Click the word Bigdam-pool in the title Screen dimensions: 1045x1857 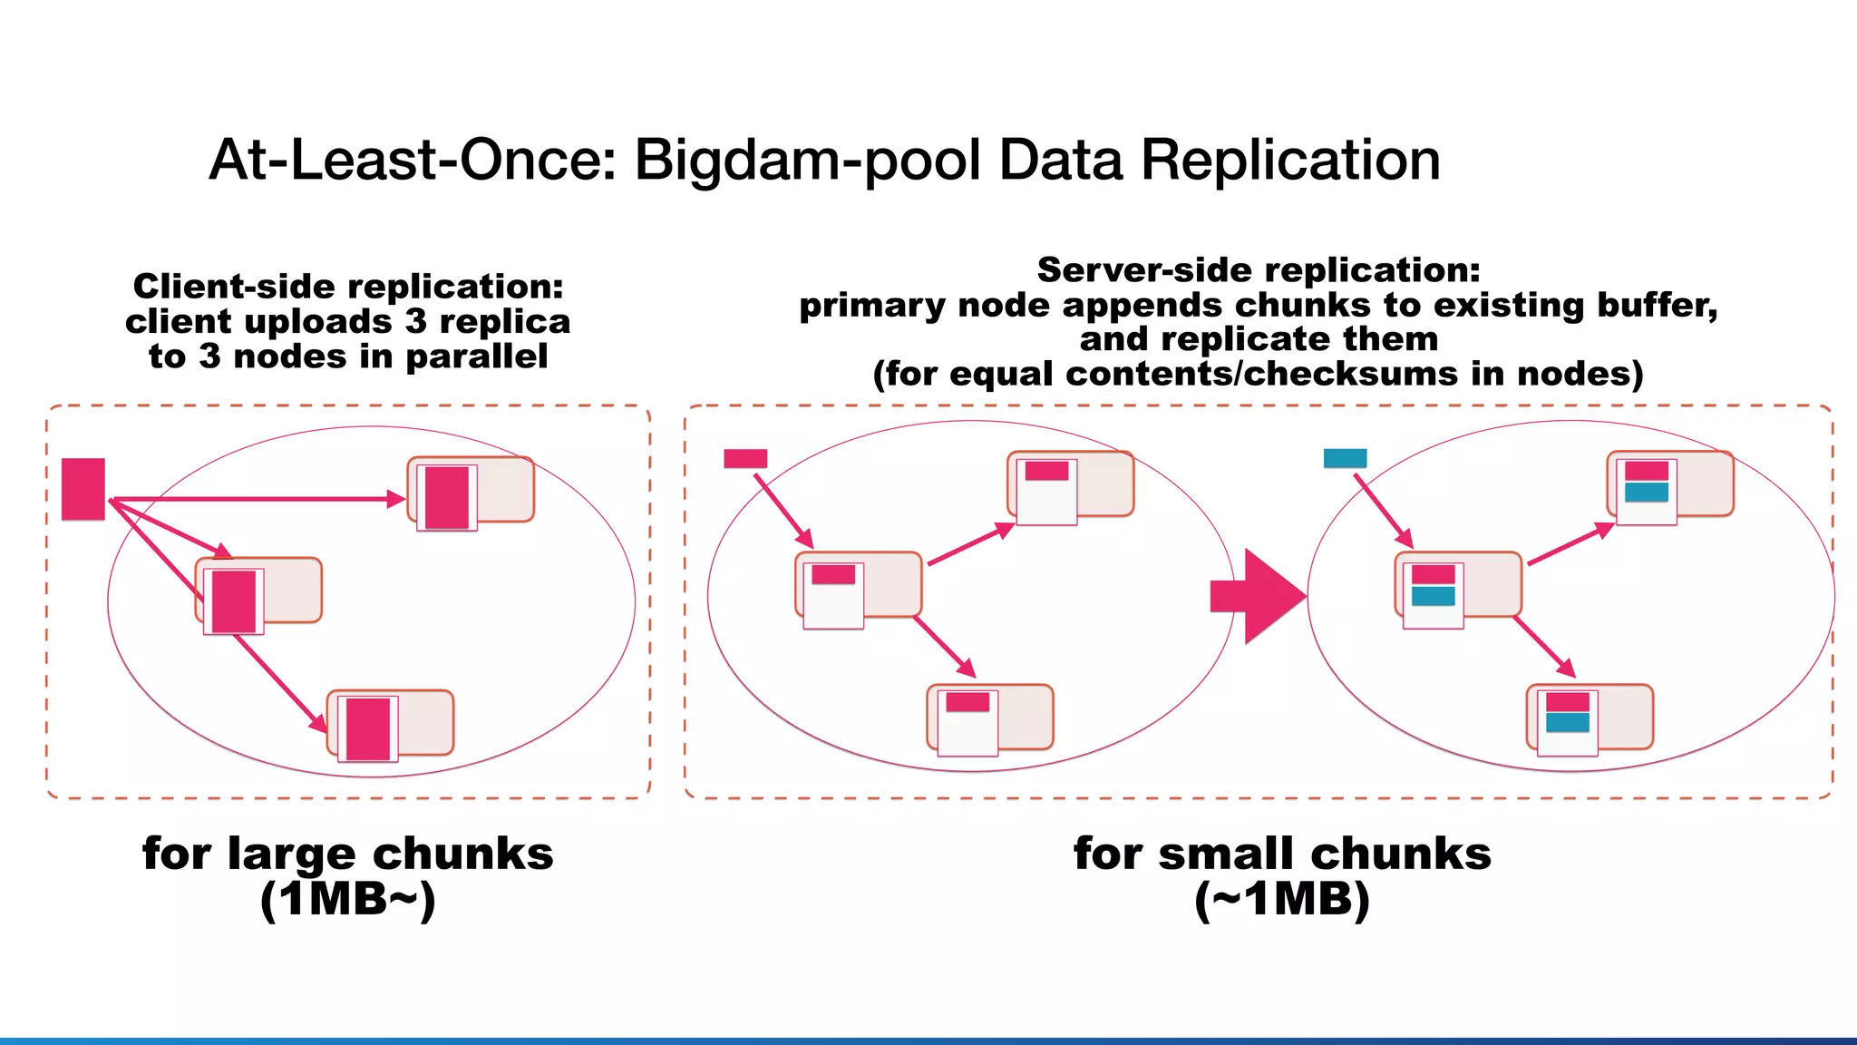tap(806, 161)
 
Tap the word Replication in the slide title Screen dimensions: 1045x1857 tap(1289, 161)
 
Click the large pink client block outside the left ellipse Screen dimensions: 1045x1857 tap(83, 489)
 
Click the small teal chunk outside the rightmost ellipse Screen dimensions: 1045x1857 tap(1344, 458)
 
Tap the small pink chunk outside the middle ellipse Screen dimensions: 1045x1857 tap(744, 458)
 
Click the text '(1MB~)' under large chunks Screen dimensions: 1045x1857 tap(347, 900)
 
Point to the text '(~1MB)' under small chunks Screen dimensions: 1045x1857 tap(1281, 900)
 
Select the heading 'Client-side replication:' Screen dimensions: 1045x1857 tap(348, 287)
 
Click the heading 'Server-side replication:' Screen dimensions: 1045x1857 tap(1258, 269)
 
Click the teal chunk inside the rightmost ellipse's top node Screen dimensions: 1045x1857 tap(1646, 493)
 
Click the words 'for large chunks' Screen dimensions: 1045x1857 tap(347, 854)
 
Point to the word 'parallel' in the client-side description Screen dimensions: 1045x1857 tap(476, 356)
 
